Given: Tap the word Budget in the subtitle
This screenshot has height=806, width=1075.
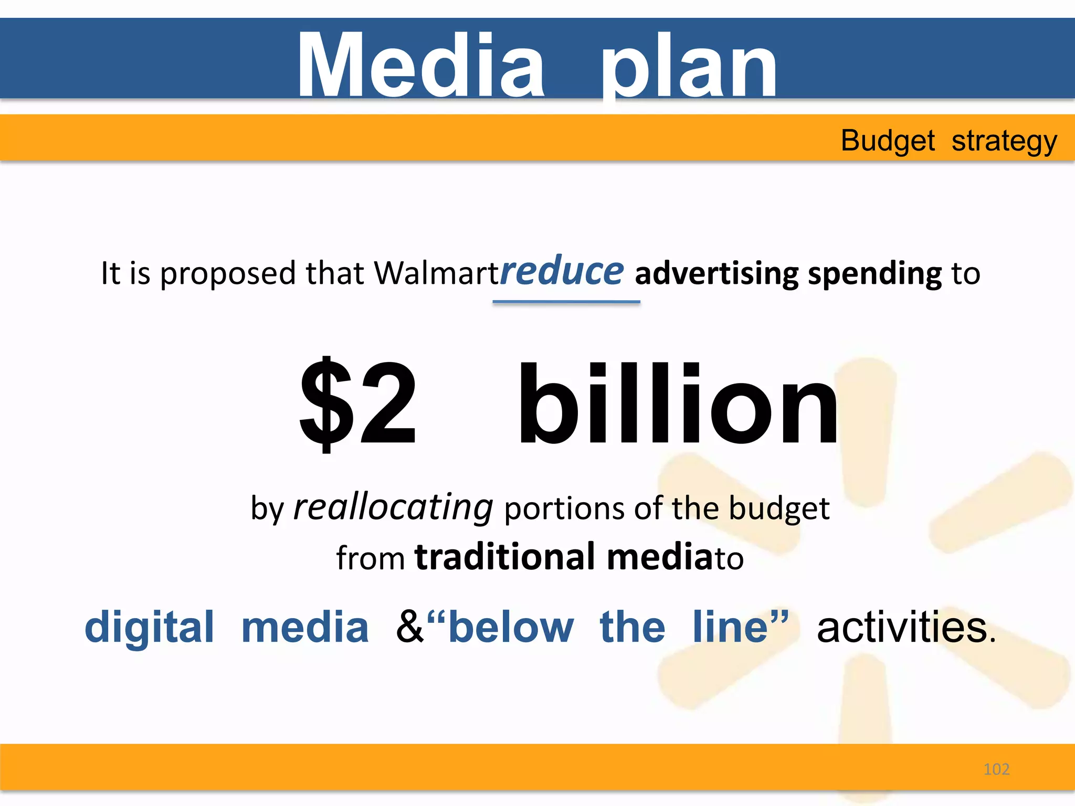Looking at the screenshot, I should pos(888,141).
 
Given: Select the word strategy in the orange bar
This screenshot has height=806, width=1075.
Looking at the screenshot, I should pos(1004,142).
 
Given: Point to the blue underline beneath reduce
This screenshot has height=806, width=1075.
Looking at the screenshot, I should pos(566,302).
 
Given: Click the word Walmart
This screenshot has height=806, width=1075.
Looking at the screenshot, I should pos(436,273).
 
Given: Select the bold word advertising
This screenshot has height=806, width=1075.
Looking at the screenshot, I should pos(717,274).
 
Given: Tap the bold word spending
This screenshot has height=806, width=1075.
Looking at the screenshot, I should pos(875,274).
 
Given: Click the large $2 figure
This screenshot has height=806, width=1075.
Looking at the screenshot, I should pos(359,402).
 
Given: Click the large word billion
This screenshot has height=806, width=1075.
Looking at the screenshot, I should pos(677,404).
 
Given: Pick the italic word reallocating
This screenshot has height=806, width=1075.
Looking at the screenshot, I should pos(393,508).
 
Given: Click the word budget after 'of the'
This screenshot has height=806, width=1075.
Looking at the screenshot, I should pos(779,508).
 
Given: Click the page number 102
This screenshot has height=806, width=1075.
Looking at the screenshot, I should pos(996,769).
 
